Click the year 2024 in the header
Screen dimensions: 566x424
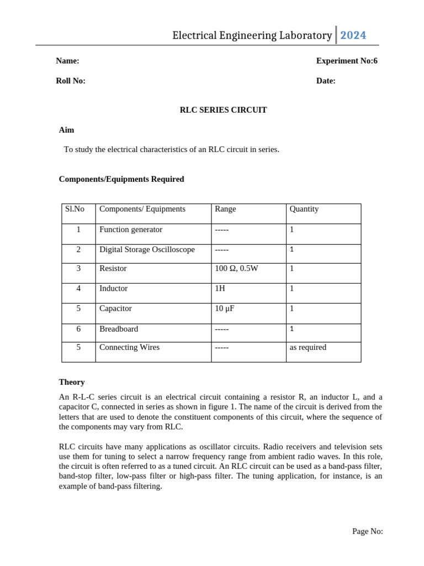[x=353, y=35]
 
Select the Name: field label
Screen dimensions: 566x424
[x=67, y=61]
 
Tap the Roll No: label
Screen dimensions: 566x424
[x=71, y=81]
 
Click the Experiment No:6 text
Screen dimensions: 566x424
[x=347, y=61]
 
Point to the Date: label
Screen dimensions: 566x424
[x=326, y=81]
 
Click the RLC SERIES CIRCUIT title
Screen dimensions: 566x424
[x=223, y=110]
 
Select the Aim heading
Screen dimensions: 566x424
[x=66, y=130]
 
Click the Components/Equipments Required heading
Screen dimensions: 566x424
[x=121, y=179]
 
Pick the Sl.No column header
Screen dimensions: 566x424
[x=75, y=209]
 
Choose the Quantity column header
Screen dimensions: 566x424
[x=304, y=209]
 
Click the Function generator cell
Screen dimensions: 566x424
[x=131, y=229]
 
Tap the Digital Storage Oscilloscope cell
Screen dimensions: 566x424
[x=147, y=249]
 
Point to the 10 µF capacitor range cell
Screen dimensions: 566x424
[x=225, y=308]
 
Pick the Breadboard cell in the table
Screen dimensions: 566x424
[x=119, y=329]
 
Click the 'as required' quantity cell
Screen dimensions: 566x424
[x=308, y=348]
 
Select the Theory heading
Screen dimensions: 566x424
[x=72, y=382]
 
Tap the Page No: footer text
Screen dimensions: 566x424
[x=367, y=531]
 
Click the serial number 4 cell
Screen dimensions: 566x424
[x=78, y=289]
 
